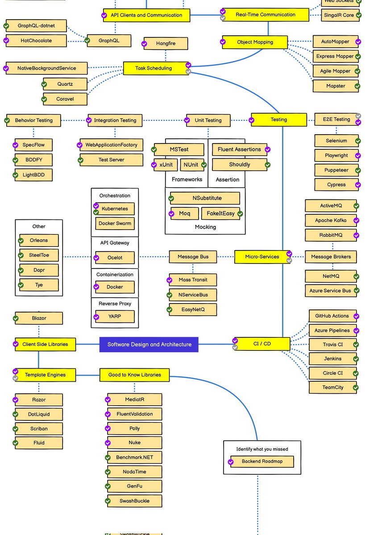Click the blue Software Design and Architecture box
point(149,344)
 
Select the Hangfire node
point(166,44)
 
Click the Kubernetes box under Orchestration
point(115,209)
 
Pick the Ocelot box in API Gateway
point(115,258)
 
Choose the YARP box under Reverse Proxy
point(115,317)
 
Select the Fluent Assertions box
point(240,149)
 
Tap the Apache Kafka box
point(330,220)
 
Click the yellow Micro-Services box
point(262,257)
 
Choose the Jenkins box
point(332,358)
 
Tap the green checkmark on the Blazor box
point(16,318)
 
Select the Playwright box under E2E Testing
point(336,156)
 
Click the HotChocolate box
point(36,41)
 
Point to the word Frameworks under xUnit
point(187,179)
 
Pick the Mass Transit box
point(193,280)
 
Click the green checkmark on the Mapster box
point(357,86)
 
